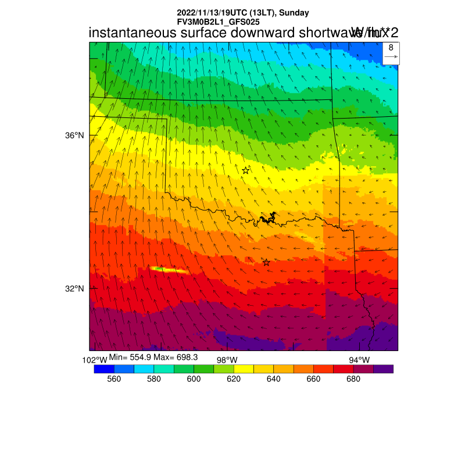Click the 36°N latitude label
click(74, 135)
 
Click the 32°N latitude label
click(74, 289)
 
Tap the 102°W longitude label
click(95, 360)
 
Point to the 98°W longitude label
click(227, 360)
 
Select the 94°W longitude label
click(359, 360)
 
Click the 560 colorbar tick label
click(114, 379)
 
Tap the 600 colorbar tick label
click(194, 379)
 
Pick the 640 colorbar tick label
click(273, 379)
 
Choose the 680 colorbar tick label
click(353, 379)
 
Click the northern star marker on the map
click(246, 170)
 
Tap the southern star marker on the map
click(266, 263)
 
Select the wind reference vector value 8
click(391, 48)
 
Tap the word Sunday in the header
click(294, 13)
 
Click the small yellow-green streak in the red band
click(169, 269)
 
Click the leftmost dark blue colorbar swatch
click(104, 369)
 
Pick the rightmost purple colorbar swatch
click(383, 369)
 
